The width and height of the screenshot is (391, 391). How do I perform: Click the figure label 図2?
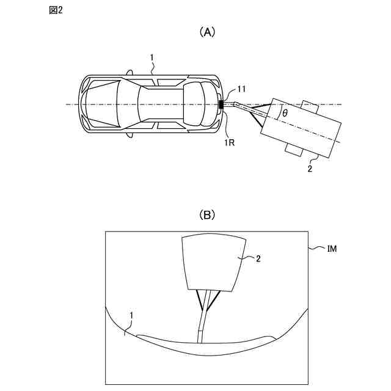[55, 13]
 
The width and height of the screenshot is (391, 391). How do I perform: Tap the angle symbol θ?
[285, 114]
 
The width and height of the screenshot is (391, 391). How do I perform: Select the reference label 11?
[241, 90]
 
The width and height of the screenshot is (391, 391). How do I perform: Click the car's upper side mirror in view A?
[130, 73]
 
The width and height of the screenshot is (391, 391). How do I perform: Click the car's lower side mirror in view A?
[130, 135]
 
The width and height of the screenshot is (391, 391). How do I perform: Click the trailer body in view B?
[214, 263]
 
